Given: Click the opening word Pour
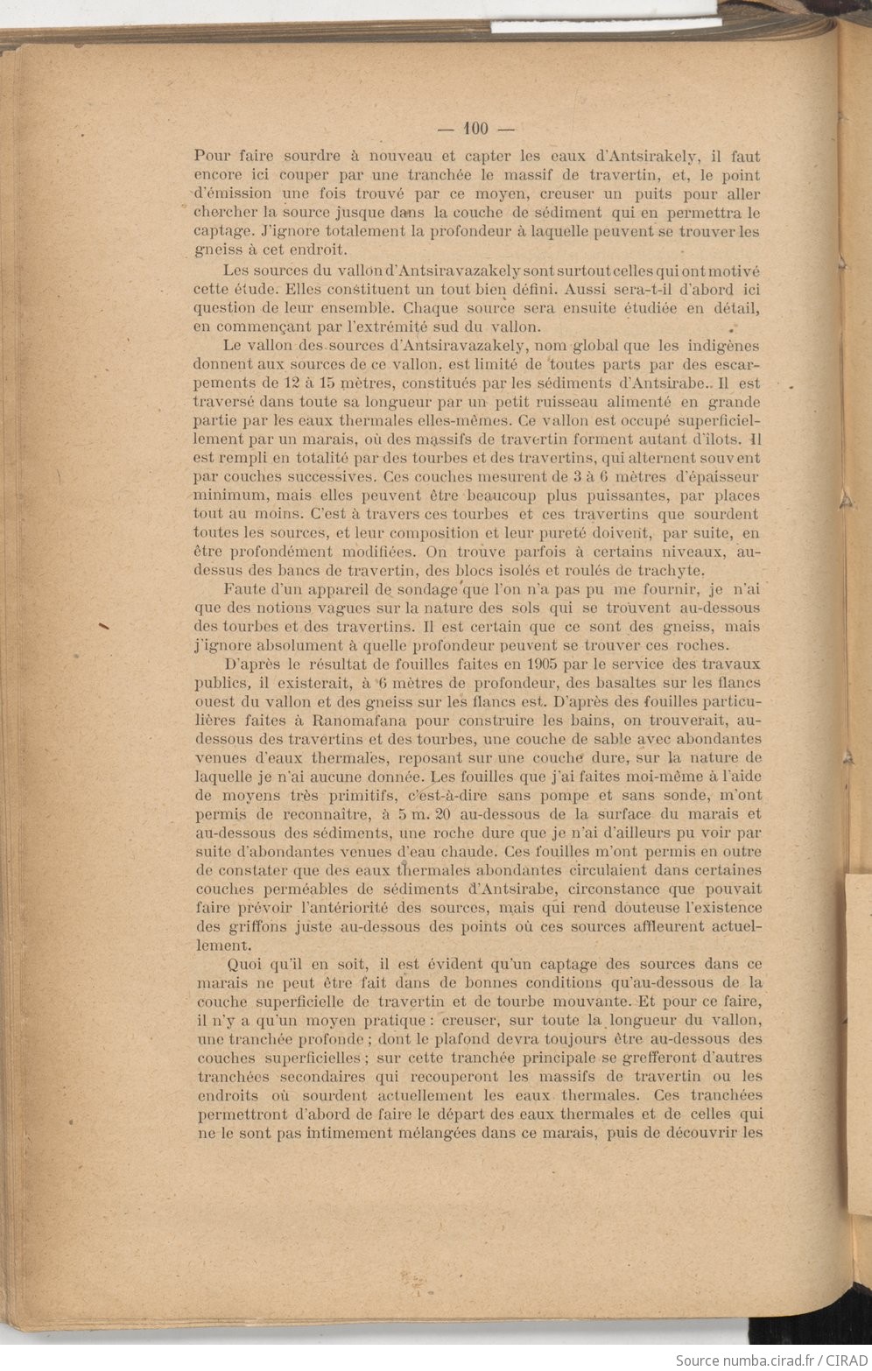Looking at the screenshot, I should point(211,157).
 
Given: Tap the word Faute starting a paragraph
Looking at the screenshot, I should point(244,588).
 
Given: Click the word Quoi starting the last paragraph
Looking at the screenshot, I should point(244,964).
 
